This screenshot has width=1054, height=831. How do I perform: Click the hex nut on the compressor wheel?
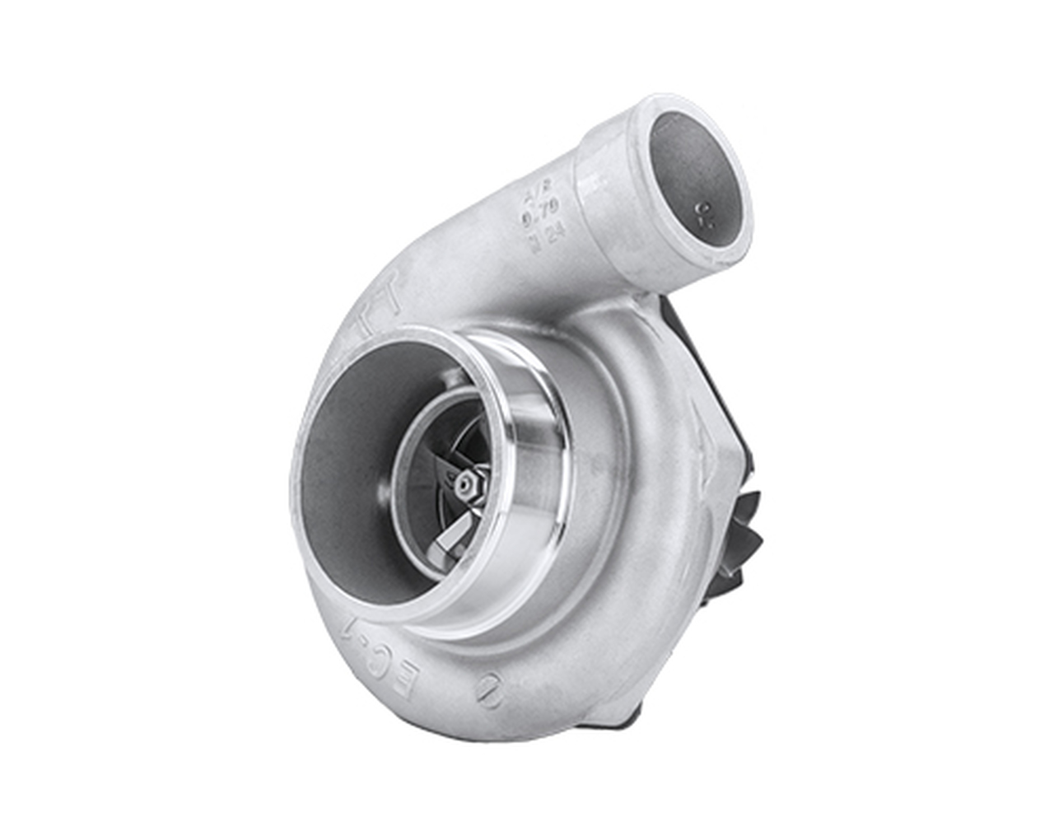point(467,486)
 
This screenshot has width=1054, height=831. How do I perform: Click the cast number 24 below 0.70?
point(543,240)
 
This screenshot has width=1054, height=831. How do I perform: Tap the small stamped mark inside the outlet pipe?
point(702,215)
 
